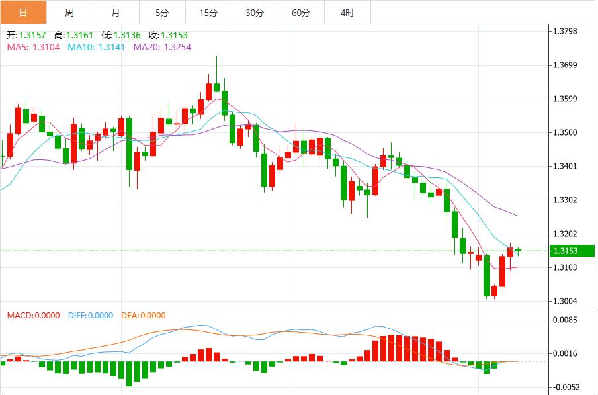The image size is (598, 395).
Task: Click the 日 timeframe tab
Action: click(23, 13)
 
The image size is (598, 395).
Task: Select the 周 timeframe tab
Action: click(69, 13)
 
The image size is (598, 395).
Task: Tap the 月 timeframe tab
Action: click(116, 13)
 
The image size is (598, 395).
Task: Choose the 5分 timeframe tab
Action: click(162, 13)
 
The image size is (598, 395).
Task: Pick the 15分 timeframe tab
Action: click(208, 13)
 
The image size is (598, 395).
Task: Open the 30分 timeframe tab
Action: click(255, 13)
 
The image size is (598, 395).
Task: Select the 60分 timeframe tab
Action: click(301, 13)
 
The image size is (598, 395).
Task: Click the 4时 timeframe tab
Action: click(347, 13)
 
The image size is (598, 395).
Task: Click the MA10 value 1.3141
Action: click(110, 47)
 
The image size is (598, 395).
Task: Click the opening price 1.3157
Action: click(34, 36)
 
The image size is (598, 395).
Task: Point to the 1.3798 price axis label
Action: click(570, 31)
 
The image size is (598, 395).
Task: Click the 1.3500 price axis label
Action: click(570, 132)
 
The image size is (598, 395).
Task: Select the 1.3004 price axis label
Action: click(570, 301)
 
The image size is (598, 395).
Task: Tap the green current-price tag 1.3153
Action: click(572, 251)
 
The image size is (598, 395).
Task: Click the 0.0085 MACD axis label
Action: click(570, 320)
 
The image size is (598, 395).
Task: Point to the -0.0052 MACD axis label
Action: click(568, 387)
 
